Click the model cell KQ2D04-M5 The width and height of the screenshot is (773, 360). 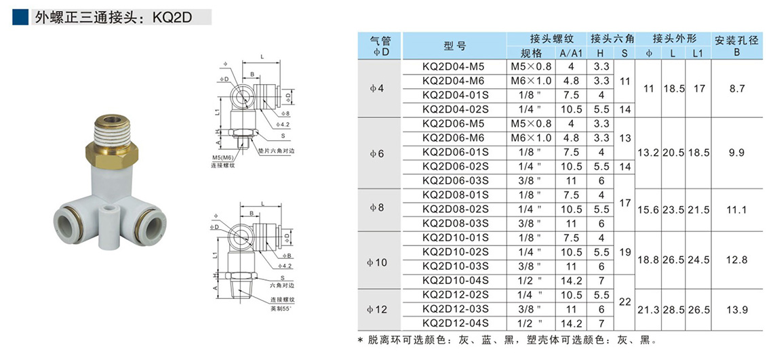tap(454, 67)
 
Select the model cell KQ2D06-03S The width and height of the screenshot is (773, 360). tap(454, 181)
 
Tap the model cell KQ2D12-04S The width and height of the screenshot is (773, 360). tap(454, 323)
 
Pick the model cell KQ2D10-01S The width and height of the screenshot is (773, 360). tap(454, 238)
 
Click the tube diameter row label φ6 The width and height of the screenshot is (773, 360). tap(379, 153)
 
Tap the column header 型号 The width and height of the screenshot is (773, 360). tap(454, 46)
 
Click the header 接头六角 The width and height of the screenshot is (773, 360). tap(612, 39)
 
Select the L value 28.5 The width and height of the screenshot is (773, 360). tap(673, 309)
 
